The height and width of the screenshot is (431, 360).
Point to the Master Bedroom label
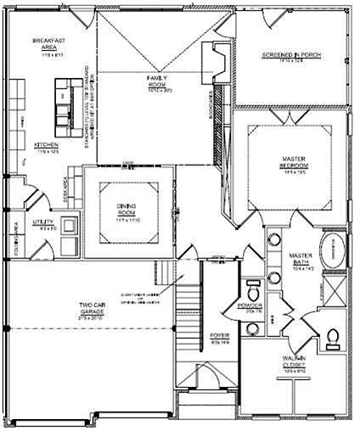294,163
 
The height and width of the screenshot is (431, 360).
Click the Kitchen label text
46,145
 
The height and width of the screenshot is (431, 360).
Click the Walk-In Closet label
294,361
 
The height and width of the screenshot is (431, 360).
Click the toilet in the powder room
252,285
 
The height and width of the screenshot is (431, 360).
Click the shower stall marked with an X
334,297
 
